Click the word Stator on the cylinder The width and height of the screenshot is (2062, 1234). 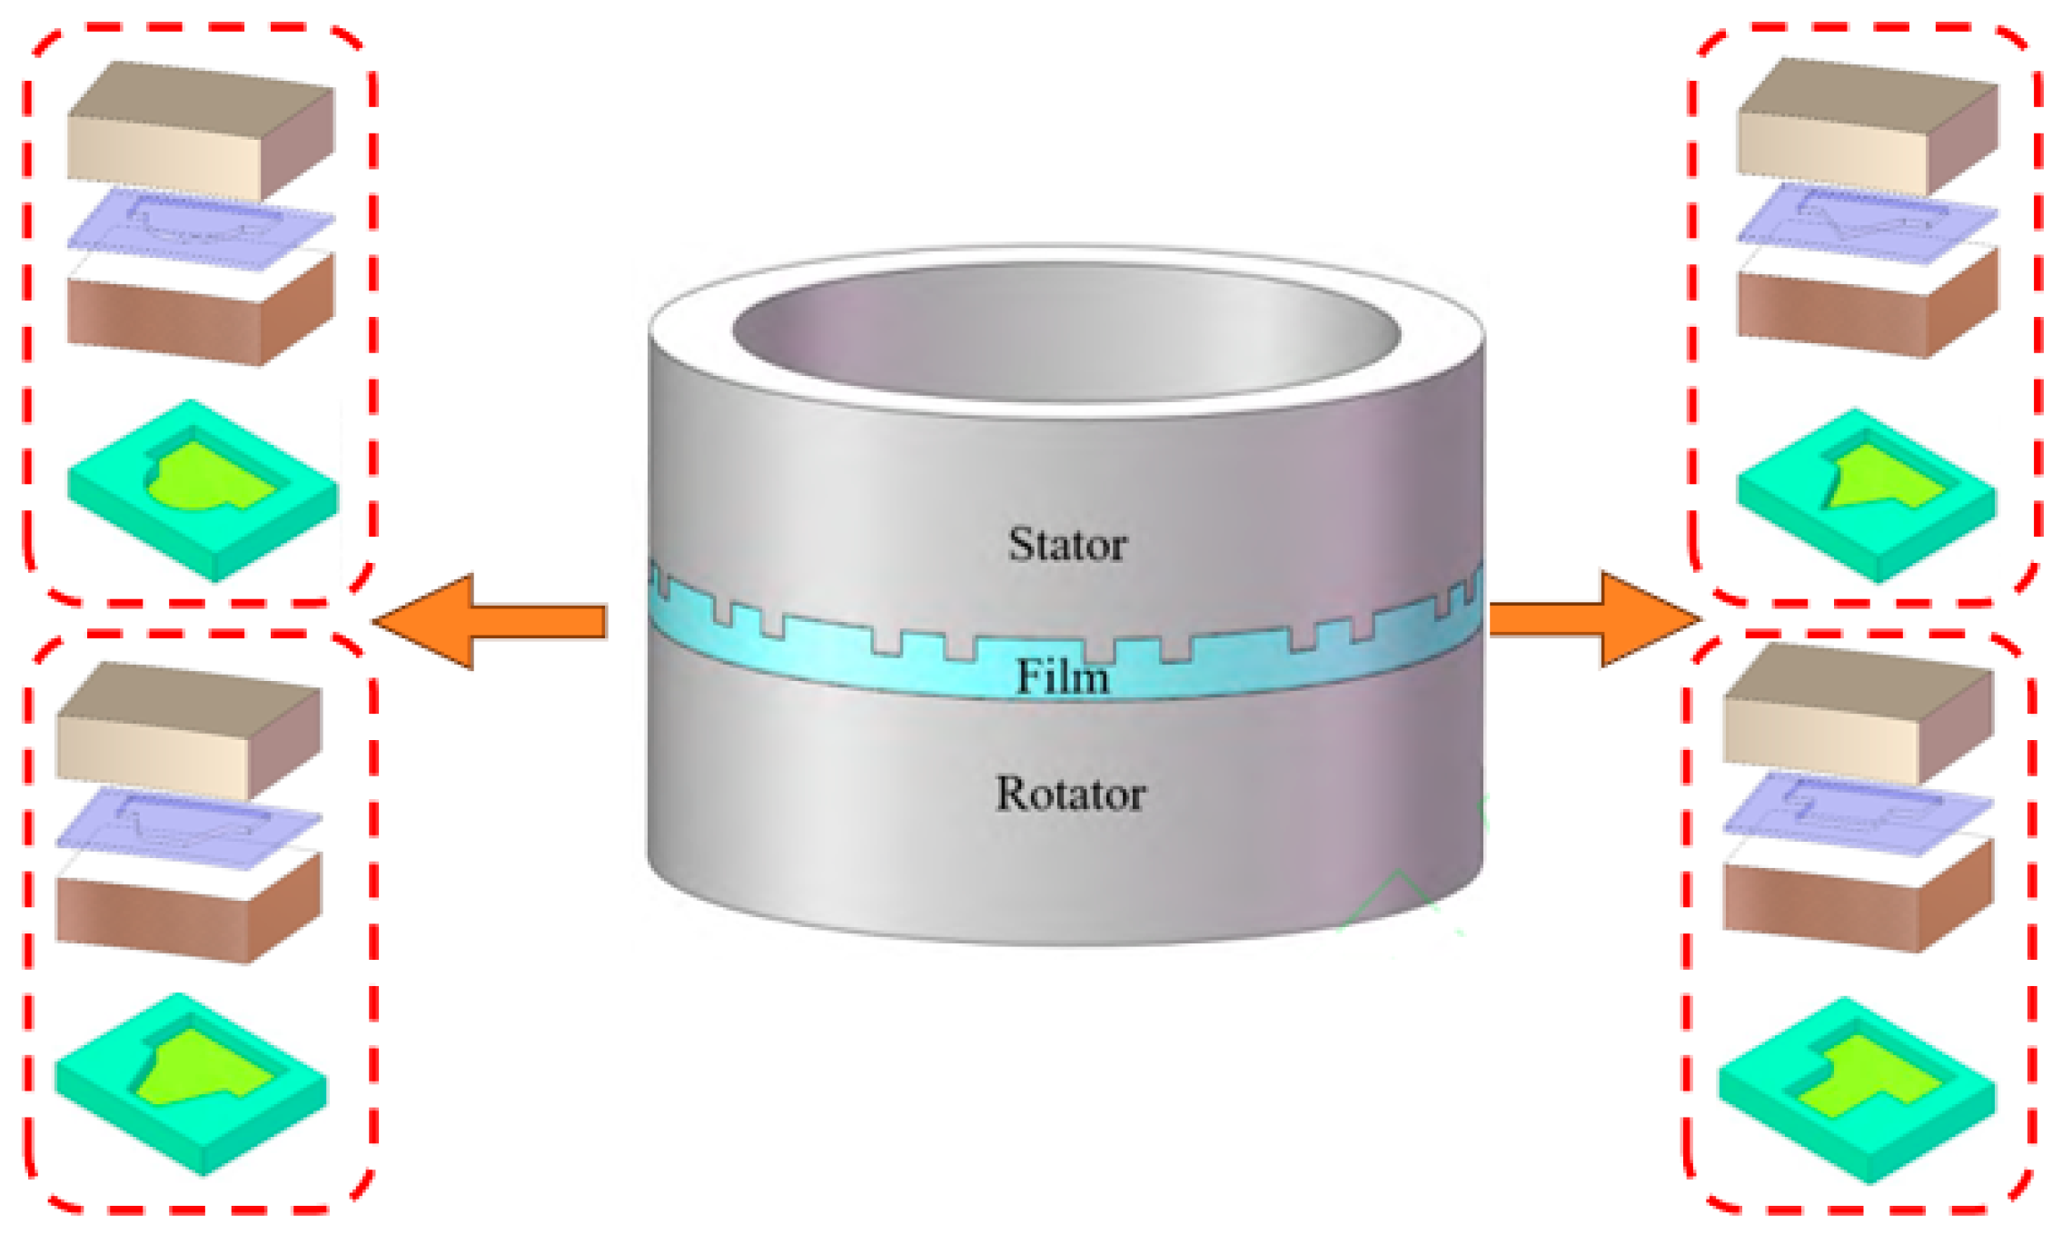[1067, 545]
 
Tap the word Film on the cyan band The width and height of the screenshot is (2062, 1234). [1062, 677]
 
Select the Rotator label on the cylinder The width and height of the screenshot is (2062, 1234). [1070, 795]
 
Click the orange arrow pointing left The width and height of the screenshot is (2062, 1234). [491, 622]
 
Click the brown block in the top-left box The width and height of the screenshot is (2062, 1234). [200, 313]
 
